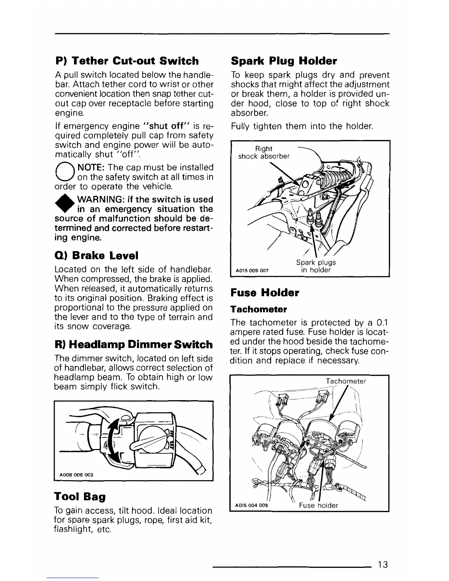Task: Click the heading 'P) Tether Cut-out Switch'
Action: (127, 61)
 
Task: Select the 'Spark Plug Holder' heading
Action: (284, 61)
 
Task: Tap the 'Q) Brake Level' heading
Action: (91, 255)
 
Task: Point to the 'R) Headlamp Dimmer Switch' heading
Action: (133, 344)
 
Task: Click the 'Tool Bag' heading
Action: (80, 497)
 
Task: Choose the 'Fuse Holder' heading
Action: (264, 293)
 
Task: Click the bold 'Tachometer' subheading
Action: (258, 309)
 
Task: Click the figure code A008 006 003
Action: (76, 475)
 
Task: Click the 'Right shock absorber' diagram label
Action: (264, 152)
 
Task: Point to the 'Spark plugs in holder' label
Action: (316, 266)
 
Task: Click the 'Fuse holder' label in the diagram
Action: (318, 505)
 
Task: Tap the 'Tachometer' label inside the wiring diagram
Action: (346, 381)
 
